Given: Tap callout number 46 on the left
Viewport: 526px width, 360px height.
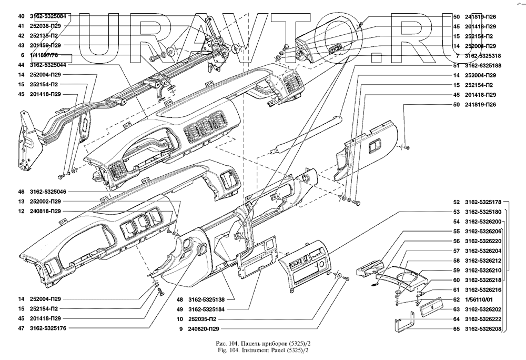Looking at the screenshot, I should coord(21,192).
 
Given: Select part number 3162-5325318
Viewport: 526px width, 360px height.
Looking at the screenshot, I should coord(483,56).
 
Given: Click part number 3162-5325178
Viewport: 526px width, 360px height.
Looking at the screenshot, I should coord(483,202).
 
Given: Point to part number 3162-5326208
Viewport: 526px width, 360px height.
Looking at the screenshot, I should coord(483,329).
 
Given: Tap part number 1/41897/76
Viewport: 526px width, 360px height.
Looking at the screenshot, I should coord(44,55).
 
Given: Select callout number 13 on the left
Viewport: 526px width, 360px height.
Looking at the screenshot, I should coord(21,202).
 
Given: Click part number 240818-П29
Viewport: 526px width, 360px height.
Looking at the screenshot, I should coord(46,212).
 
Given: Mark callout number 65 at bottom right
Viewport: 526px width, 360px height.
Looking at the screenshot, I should coord(456,329).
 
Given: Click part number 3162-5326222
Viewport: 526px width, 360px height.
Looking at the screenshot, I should coord(483,319).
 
